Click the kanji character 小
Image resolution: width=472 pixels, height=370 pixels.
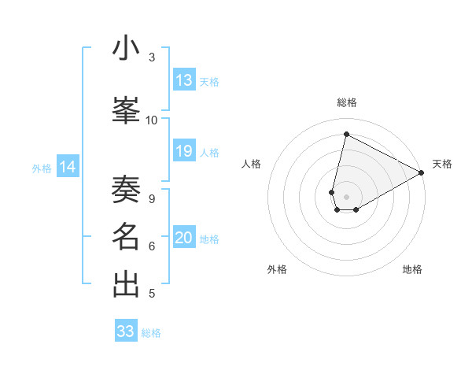pyautogui.click(x=127, y=48)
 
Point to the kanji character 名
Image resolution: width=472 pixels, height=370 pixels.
pyautogui.click(x=127, y=237)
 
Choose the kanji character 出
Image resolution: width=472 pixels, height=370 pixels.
pyautogui.click(x=127, y=284)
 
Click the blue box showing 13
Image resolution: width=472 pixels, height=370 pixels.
pyautogui.click(x=184, y=80)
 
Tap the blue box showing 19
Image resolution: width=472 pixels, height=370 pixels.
pyautogui.click(x=184, y=151)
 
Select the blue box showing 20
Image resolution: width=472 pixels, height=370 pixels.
pyautogui.click(x=184, y=239)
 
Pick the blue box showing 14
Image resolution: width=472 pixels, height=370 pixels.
pyautogui.click(x=68, y=167)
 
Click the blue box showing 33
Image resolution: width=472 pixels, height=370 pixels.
pyautogui.click(x=126, y=331)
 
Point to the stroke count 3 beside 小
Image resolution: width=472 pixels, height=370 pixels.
pyautogui.click(x=152, y=57)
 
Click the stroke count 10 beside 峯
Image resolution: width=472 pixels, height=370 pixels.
pyautogui.click(x=152, y=120)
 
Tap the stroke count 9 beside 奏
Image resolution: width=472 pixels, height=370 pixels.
pyautogui.click(x=152, y=199)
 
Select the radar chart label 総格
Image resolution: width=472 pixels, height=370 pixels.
pyautogui.click(x=347, y=102)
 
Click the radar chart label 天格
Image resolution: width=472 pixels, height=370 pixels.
pyautogui.click(x=442, y=164)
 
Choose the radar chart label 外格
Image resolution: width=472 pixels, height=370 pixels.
pyautogui.click(x=277, y=269)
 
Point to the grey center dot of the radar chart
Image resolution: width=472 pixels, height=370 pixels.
pyautogui.click(x=346, y=197)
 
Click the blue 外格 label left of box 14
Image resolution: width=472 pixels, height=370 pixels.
pyautogui.click(x=42, y=168)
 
